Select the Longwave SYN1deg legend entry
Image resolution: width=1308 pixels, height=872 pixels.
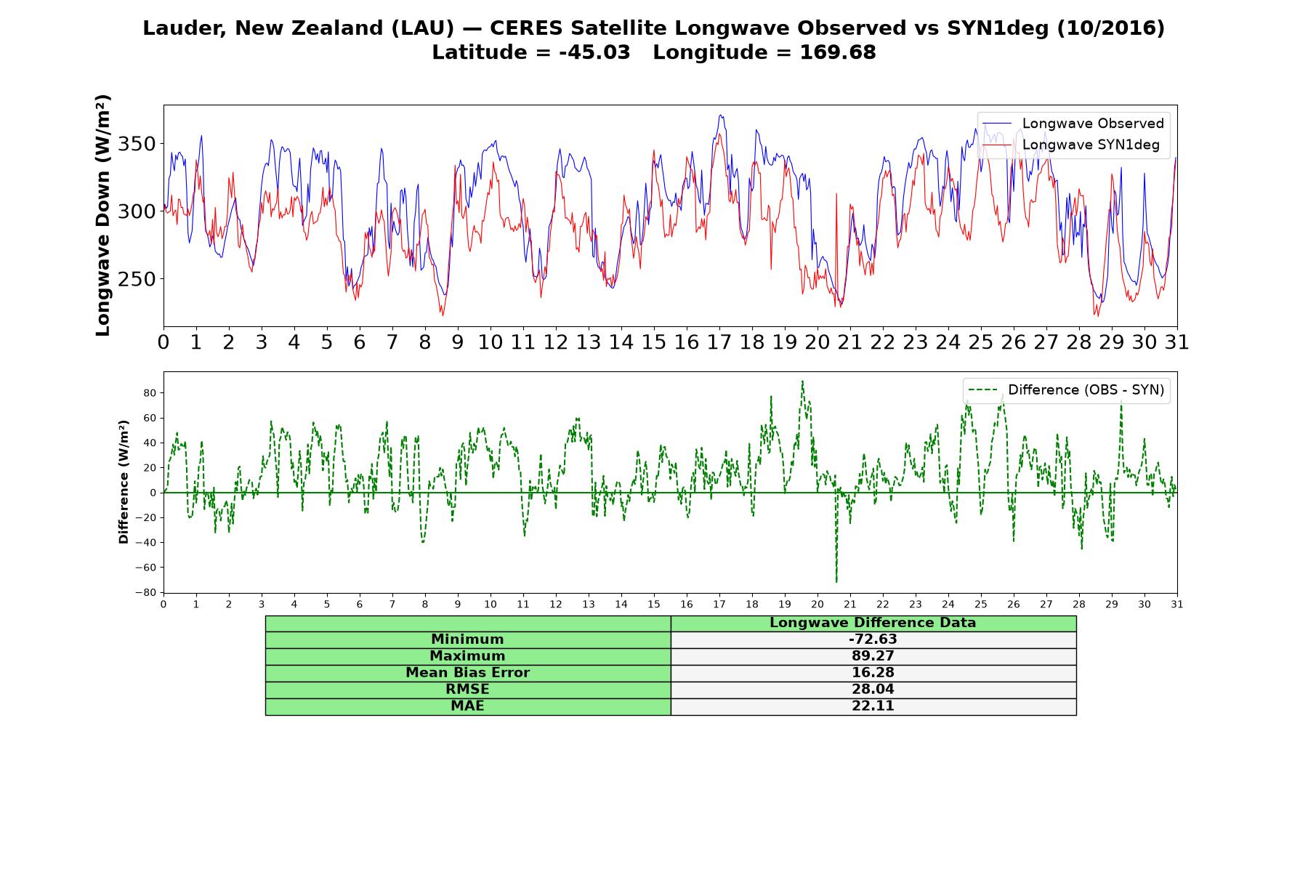coord(1071,145)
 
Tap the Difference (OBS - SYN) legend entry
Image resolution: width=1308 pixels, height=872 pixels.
coord(1067,390)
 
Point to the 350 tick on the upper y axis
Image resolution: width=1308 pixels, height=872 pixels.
coord(137,144)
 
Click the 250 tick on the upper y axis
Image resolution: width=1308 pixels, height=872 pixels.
coord(137,279)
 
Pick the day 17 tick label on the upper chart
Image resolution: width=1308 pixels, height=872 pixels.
coord(719,342)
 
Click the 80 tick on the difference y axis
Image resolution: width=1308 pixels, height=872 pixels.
coord(150,393)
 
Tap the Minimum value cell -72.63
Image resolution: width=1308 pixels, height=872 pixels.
coord(873,639)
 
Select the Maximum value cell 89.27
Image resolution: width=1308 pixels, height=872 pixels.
coord(873,656)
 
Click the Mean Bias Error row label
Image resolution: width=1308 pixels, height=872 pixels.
coord(467,673)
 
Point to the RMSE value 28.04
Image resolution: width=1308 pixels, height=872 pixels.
coord(873,690)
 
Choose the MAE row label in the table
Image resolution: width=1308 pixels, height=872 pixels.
coord(467,706)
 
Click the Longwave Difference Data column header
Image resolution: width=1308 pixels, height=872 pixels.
coord(873,623)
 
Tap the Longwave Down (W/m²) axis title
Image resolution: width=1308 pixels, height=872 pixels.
coord(102,215)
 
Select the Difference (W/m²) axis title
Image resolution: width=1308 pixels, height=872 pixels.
coord(124,482)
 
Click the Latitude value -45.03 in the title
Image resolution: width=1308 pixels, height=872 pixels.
coord(594,52)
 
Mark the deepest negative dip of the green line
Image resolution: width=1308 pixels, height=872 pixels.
coord(836,582)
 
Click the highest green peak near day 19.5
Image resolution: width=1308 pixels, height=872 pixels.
coord(802,381)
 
